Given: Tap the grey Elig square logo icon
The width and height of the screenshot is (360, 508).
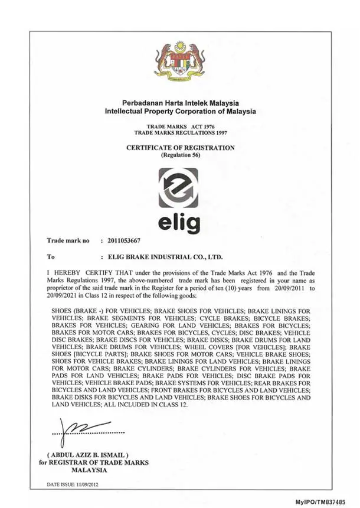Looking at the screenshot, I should (180, 188).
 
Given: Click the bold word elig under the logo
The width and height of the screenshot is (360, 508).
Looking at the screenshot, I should (180, 223).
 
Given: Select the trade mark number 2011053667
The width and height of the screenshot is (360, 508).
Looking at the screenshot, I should (121, 240).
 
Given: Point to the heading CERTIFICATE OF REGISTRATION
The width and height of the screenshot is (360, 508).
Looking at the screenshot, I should (180, 148).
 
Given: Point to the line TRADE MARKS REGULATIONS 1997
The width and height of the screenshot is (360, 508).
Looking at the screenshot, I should (181, 132).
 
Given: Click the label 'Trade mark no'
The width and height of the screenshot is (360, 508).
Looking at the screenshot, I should (68, 240).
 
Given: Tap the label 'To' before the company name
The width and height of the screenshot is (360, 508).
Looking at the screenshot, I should (51, 257).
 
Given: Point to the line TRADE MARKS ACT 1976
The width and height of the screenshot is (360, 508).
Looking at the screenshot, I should (181, 127).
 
